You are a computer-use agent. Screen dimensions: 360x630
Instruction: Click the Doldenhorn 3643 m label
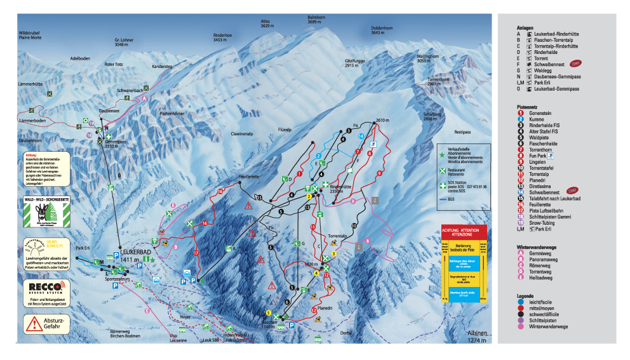coord(382,30)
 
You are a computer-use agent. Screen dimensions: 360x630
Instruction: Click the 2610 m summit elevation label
coord(381,120)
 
